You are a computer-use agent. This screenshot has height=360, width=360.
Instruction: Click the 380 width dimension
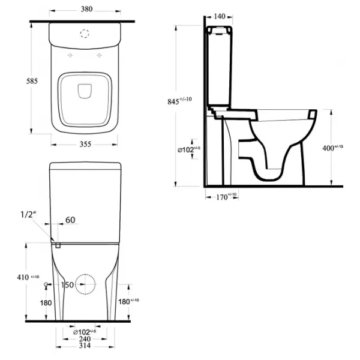click(x=87, y=9)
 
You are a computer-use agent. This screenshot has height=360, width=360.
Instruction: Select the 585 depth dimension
click(x=32, y=81)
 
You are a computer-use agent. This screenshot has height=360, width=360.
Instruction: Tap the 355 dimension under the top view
click(x=85, y=144)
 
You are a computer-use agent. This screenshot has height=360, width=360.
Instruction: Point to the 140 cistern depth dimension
click(x=220, y=16)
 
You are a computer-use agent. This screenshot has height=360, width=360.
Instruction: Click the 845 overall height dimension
click(x=179, y=101)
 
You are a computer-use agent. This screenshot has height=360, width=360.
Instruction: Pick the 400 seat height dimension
click(x=332, y=148)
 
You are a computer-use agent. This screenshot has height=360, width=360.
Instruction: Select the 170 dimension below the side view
click(x=226, y=197)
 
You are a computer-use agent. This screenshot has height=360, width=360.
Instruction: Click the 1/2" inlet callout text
click(x=28, y=214)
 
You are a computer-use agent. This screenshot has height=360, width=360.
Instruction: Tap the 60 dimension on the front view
click(x=70, y=220)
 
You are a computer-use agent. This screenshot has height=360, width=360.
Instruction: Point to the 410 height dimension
click(x=28, y=277)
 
